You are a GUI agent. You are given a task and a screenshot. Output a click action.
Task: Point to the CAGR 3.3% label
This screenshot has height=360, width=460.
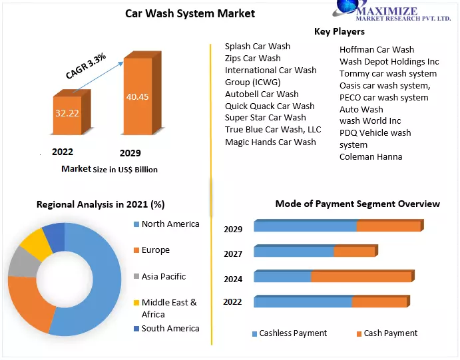tap(86, 67)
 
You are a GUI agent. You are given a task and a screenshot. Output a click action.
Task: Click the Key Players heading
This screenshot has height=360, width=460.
tap(340, 31)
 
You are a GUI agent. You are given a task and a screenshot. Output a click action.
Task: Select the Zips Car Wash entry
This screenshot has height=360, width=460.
tap(252, 59)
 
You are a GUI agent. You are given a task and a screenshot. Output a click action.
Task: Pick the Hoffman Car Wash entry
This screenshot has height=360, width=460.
tap(376, 49)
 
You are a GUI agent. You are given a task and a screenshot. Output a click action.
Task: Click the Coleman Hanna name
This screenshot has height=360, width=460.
tap(371, 157)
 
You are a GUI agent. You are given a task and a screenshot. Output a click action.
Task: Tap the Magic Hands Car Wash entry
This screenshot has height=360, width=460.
tap(270, 142)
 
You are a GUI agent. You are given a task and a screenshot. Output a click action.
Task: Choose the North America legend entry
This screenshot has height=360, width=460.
tap(170, 224)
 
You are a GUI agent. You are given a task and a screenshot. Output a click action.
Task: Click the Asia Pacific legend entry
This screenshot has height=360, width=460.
tap(163, 276)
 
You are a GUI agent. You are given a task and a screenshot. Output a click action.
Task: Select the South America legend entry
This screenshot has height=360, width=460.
tap(170, 328)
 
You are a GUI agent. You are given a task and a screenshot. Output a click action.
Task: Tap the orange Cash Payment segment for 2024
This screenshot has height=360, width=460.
tap(361, 277)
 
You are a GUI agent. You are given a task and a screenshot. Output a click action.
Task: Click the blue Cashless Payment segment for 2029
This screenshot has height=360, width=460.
tap(305, 226)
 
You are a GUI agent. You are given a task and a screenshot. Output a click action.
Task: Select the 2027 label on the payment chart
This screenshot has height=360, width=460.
tap(232, 254)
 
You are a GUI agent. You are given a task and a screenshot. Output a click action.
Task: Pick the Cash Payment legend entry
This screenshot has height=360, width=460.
tap(390, 333)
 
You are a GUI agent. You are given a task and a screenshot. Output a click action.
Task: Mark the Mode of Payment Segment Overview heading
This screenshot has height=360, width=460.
tap(357, 204)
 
